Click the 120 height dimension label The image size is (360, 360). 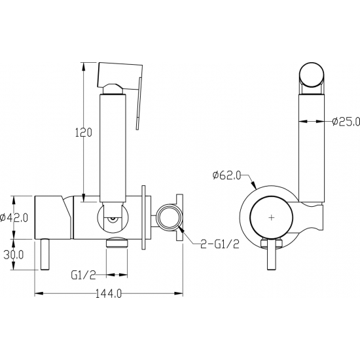pyautogui.click(x=84, y=132)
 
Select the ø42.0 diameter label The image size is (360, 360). pyautogui.click(x=14, y=217)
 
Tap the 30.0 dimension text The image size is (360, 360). pyautogui.click(x=14, y=255)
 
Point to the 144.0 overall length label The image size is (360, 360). pyautogui.click(x=108, y=293)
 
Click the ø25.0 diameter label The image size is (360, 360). pyautogui.click(x=346, y=121)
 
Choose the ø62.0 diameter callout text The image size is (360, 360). pyautogui.click(x=226, y=175)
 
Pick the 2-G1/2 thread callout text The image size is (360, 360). pyautogui.click(x=220, y=244)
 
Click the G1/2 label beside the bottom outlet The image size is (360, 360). pyautogui.click(x=83, y=275)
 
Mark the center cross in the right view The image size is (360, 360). pyautogui.click(x=272, y=217)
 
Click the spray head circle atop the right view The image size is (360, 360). pyautogui.click(x=312, y=75)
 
